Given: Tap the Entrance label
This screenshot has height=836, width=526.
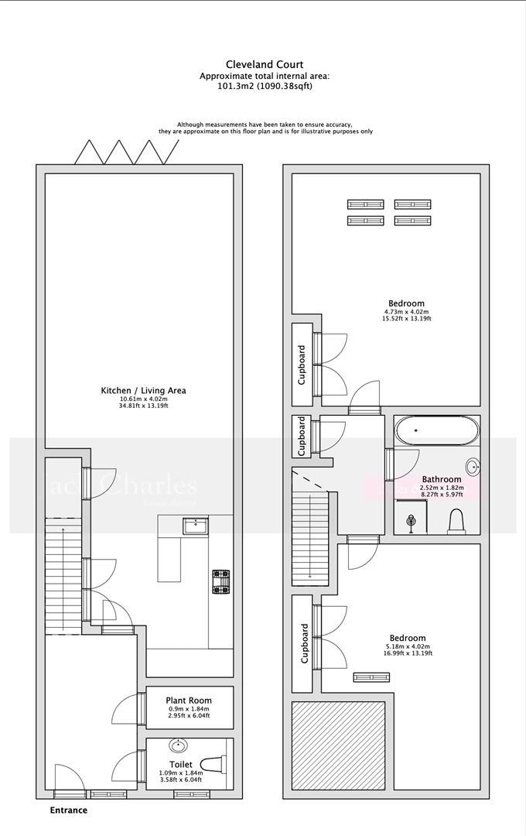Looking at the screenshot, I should click(x=68, y=810).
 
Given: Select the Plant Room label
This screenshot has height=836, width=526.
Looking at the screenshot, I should click(x=190, y=701).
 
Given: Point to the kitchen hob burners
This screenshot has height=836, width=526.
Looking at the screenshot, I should click(x=221, y=581).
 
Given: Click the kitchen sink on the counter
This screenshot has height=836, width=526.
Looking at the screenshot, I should click(x=195, y=527).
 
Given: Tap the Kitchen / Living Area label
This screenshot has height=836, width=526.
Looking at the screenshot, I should click(x=143, y=390).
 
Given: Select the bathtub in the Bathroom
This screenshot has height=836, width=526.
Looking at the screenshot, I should click(x=436, y=430).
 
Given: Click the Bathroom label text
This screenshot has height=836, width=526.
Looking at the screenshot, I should click(x=442, y=479).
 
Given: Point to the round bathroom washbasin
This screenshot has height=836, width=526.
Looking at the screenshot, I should click(x=473, y=467).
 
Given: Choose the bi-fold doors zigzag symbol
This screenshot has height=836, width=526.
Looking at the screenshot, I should click(x=125, y=152).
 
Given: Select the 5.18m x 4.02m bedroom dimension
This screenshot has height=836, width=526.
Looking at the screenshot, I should click(x=408, y=646).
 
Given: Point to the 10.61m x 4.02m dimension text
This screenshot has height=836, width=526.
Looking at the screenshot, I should click(x=143, y=399).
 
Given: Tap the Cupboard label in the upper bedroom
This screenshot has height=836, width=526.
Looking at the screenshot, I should click(x=302, y=365).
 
